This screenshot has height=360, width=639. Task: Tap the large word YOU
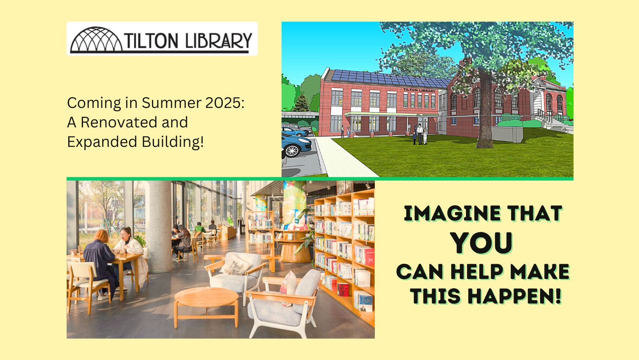point(482,243)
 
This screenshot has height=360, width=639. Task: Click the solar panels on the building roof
point(390,78)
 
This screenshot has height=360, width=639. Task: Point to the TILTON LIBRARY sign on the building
point(419,90)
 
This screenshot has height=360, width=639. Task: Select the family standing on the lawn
point(420,134)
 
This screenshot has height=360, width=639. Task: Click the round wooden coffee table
point(206,298)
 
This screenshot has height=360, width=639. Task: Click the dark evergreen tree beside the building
point(301,102)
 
